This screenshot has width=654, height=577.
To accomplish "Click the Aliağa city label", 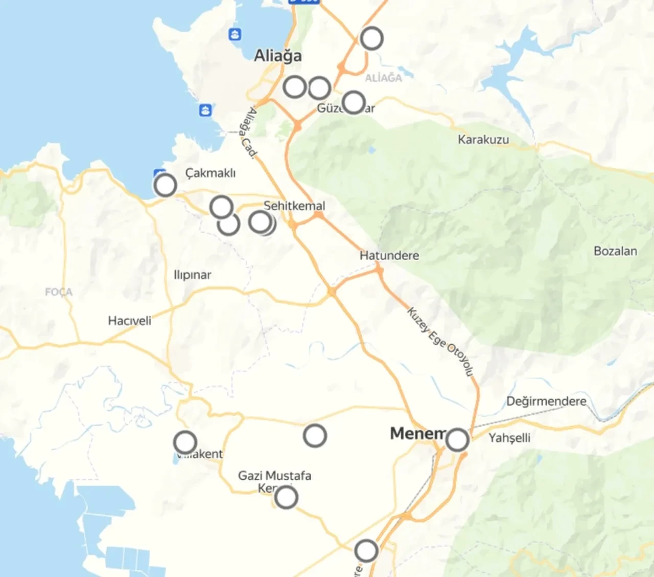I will [278, 56].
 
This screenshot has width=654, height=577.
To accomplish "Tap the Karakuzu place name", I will [483, 140].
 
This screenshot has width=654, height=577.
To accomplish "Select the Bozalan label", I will [615, 251].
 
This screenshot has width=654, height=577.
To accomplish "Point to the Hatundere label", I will [389, 255].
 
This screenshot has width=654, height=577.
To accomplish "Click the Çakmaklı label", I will [211, 173].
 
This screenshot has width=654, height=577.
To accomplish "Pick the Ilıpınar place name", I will [192, 275].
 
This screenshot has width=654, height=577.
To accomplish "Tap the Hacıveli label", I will [129, 321].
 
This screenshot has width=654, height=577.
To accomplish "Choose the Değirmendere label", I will [546, 401].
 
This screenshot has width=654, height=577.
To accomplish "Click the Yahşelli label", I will [509, 438].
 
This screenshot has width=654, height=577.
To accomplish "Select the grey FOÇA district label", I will [59, 292].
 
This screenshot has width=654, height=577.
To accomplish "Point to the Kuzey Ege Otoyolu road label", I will [440, 341].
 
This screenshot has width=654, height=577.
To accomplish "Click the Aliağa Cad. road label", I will [249, 131].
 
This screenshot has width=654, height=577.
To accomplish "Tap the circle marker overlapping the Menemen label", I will [457, 439].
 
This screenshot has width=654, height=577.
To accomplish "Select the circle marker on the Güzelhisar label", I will [354, 102].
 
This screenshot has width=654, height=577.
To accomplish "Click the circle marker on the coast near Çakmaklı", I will [165, 185].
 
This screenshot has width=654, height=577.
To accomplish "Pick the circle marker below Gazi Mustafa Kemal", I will [286, 497].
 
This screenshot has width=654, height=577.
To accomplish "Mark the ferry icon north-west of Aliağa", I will [235, 35].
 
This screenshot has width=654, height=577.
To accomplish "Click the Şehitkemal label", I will [294, 206].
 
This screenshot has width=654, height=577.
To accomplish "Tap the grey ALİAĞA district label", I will [383, 78].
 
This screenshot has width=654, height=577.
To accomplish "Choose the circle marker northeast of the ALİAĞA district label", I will [371, 38].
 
